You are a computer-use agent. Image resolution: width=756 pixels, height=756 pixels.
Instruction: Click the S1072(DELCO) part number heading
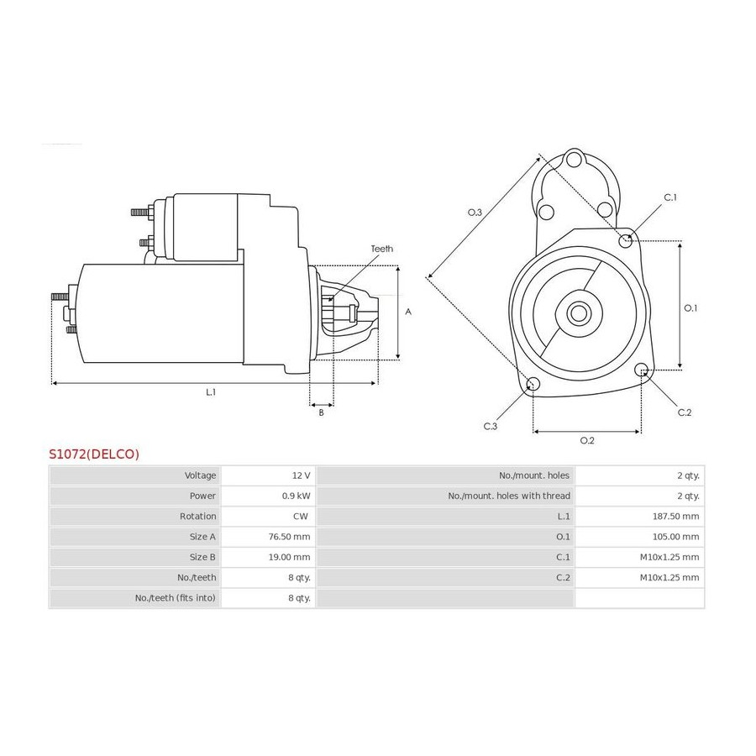[x=94, y=454]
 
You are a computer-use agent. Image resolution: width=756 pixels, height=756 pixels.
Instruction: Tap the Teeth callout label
[x=381, y=249]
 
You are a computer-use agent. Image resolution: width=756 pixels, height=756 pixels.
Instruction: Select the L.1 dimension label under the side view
[x=211, y=392]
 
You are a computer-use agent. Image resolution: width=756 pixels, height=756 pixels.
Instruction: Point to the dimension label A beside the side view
[x=408, y=312]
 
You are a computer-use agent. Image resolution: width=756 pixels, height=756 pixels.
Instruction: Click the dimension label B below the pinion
[x=321, y=412]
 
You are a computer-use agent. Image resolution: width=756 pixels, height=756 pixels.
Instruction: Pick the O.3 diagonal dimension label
[x=475, y=213]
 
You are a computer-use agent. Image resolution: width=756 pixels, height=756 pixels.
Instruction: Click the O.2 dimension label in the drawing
[x=587, y=440]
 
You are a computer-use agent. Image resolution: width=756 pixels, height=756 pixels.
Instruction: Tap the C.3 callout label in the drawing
[x=491, y=426]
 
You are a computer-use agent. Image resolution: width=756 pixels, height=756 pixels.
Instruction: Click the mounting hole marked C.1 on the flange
[x=626, y=239]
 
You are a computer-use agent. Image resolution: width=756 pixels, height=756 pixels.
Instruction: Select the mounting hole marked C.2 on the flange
[x=641, y=370]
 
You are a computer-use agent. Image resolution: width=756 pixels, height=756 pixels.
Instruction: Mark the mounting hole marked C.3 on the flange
[x=533, y=384]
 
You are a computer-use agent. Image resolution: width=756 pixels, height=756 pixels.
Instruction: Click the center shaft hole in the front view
[x=578, y=313]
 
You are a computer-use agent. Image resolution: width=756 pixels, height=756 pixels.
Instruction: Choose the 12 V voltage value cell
[x=301, y=475]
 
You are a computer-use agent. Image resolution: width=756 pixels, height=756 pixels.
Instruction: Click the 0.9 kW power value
[x=296, y=496]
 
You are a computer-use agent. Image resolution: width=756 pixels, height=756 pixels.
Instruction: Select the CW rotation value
[x=301, y=517]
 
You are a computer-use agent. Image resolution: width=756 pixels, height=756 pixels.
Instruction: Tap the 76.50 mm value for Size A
[x=289, y=537]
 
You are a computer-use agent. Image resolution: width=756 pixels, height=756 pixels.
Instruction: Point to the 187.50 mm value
[x=675, y=517]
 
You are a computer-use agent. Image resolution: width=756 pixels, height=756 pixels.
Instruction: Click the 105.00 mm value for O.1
[x=675, y=537]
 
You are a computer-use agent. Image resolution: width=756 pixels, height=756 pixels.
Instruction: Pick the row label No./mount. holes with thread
[x=509, y=496]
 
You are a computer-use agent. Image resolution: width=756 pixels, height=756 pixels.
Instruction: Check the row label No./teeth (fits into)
[x=176, y=598]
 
